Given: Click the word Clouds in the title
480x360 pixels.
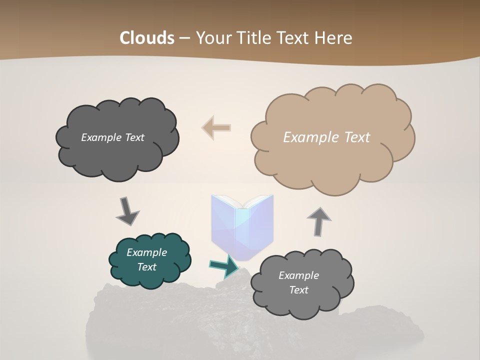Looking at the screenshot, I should click(x=147, y=38).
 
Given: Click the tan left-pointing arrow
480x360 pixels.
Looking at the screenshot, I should click(x=216, y=127).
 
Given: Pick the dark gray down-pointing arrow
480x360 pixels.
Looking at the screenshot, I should click(x=127, y=211).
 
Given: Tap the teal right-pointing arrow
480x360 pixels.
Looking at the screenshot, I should click(x=224, y=266).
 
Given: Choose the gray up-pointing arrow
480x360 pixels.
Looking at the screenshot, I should click(x=319, y=221).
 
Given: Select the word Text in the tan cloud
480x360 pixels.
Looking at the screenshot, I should click(x=357, y=137).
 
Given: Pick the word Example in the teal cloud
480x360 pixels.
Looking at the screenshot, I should click(x=147, y=252).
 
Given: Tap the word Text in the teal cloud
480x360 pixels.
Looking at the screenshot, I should click(x=147, y=267).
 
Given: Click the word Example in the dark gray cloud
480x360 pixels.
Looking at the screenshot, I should click(x=101, y=137).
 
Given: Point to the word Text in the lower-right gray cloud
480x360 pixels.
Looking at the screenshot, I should click(x=299, y=290).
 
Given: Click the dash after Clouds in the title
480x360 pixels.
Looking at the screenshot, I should click(x=183, y=38).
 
